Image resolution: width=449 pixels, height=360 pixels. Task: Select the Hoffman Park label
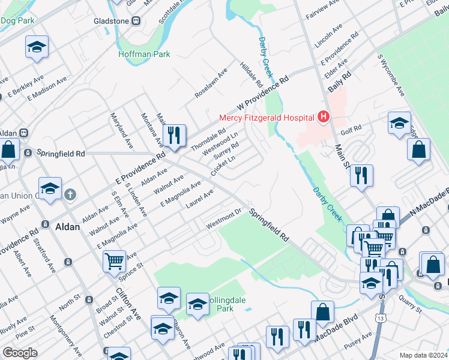[x=144, y=54]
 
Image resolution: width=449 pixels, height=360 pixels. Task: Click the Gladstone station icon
[x=136, y=21]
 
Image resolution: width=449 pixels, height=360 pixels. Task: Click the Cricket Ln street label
[x=223, y=166]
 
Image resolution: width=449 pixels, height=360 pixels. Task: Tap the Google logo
[x=20, y=353]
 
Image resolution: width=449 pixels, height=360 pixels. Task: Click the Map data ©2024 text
[x=424, y=355]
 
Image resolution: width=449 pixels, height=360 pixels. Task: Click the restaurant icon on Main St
[x=361, y=175]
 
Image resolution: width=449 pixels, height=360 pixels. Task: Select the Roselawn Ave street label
[x=211, y=83]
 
